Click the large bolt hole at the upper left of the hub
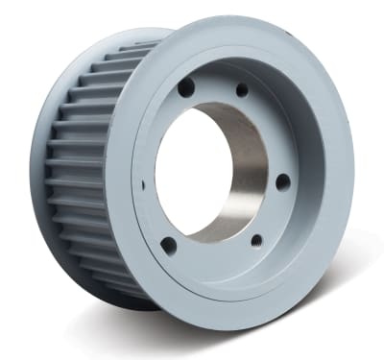click(186, 87)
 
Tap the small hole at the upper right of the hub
click(242, 89)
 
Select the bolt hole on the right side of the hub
click(283, 180)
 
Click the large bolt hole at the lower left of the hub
click(169, 245)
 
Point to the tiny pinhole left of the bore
click(143, 183)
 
